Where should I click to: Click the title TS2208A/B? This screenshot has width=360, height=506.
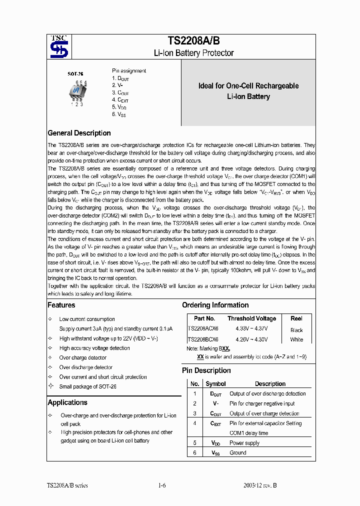click(x=193, y=41)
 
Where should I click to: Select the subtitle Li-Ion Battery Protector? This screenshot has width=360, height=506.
click(x=193, y=53)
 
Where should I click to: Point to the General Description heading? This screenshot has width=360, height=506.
click(x=79, y=133)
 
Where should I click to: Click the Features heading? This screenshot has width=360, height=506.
click(x=61, y=305)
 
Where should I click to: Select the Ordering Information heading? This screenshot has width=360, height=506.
click(x=215, y=305)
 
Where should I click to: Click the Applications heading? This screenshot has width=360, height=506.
click(x=67, y=402)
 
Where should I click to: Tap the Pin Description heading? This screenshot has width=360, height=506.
click(x=206, y=370)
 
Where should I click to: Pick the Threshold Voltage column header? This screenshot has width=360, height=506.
click(x=251, y=318)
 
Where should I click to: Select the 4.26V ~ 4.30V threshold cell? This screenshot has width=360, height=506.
click(x=251, y=339)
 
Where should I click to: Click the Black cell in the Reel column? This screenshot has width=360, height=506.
click(x=296, y=330)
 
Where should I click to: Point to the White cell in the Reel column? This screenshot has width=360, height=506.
click(x=296, y=339)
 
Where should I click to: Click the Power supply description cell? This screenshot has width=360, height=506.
click(x=244, y=443)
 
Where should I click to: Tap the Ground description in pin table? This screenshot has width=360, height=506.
click(x=238, y=453)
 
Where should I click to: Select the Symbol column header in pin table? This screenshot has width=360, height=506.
click(x=215, y=384)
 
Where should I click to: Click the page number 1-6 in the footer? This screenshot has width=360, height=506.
click(x=161, y=485)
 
